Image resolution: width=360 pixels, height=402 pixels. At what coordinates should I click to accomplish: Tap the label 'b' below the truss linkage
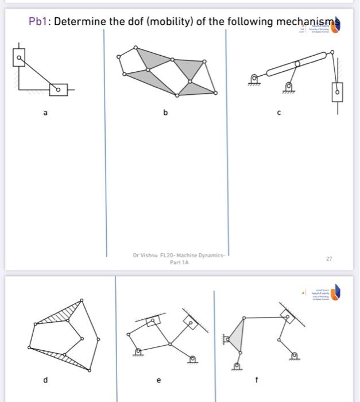(165, 113)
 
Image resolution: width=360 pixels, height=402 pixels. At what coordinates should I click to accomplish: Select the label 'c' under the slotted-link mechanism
(279, 113)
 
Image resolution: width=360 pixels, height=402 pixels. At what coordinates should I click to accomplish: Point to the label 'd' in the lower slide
(45, 379)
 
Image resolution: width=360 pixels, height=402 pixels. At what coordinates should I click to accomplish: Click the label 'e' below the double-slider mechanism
(159, 380)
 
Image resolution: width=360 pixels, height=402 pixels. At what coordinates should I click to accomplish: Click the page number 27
(329, 259)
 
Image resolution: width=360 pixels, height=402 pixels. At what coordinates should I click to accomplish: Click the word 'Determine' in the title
(80, 22)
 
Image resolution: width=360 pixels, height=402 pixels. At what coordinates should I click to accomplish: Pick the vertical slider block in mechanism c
(338, 91)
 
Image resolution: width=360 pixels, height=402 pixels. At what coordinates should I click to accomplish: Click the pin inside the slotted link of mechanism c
(297, 64)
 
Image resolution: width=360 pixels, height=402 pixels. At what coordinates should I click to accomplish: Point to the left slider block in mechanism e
(152, 320)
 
